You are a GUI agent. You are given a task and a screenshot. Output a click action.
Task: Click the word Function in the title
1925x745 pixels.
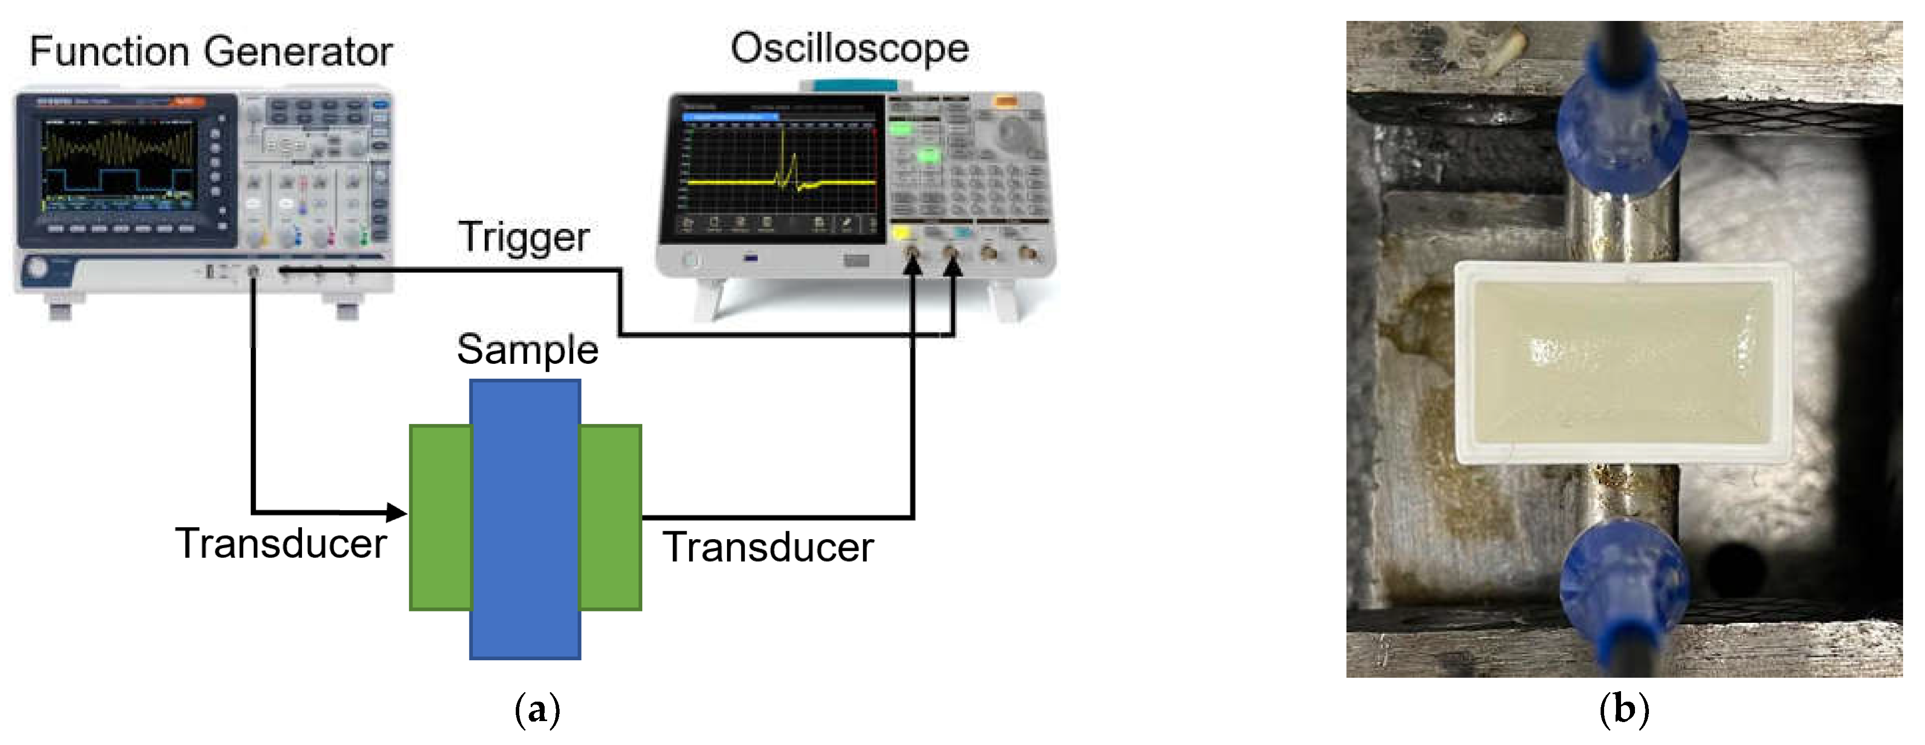[109, 52]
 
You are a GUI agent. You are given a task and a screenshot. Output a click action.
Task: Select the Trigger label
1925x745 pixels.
[523, 238]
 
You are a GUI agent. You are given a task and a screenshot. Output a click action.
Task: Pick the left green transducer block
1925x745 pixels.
[440, 518]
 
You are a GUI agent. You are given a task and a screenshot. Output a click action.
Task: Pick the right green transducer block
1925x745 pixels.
[610, 518]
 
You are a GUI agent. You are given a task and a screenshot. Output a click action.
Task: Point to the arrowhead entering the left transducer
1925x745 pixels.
[396, 513]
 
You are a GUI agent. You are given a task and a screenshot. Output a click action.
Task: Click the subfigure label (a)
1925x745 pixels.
[537, 710]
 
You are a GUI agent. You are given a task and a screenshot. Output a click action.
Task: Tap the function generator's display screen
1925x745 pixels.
[120, 164]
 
